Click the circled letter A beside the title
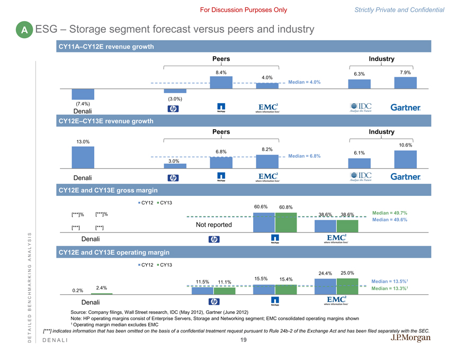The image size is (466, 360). (x=24, y=31)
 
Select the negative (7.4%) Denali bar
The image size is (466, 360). (x=83, y=94)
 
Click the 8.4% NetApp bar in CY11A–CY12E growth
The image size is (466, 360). (x=221, y=83)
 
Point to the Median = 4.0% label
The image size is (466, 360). (x=304, y=82)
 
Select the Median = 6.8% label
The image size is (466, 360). (x=304, y=156)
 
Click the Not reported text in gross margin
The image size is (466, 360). (x=214, y=224)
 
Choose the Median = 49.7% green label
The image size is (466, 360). (x=390, y=213)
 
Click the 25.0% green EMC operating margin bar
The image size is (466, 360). (x=347, y=286)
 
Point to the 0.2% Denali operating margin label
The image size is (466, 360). (x=78, y=290)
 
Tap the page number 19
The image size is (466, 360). (x=243, y=340)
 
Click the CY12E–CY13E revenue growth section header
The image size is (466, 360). (x=105, y=121)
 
